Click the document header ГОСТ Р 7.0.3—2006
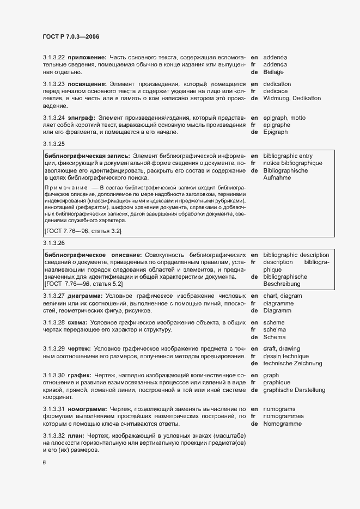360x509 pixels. [x=71, y=36]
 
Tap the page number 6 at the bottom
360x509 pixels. [x=45, y=463]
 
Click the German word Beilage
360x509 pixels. [x=273, y=72]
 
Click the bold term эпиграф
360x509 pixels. [x=81, y=118]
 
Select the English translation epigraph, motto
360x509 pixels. [x=284, y=118]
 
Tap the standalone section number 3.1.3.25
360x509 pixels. [x=54, y=144]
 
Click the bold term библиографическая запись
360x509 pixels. [x=87, y=156]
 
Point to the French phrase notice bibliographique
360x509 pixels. [x=292, y=163]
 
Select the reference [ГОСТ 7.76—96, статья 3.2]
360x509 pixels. [x=83, y=231]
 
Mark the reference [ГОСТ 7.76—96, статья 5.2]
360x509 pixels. [x=83, y=284]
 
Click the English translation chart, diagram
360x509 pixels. [x=282, y=296]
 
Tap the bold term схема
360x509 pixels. [x=78, y=322]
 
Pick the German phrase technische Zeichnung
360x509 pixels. [x=294, y=363]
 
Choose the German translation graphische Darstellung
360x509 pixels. [x=294, y=390]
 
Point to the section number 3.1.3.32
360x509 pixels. [x=54, y=436]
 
